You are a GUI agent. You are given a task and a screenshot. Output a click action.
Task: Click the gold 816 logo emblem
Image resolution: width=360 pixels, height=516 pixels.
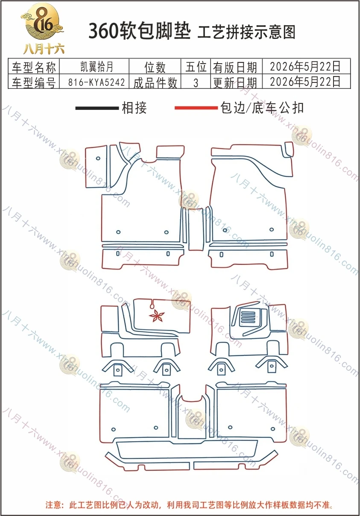[x=42, y=22]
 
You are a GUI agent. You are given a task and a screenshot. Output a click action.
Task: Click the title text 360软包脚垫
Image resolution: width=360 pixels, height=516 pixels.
[x=139, y=31]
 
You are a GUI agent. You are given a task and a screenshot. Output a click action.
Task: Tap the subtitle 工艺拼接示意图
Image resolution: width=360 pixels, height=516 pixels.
[x=246, y=32]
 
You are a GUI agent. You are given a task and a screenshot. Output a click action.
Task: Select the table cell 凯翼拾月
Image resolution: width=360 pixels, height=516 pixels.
[x=97, y=67]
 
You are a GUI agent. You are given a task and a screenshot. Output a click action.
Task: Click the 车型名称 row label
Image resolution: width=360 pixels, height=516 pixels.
[x=34, y=67]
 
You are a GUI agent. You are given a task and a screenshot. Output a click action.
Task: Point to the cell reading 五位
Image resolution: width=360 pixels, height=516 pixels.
[x=196, y=67]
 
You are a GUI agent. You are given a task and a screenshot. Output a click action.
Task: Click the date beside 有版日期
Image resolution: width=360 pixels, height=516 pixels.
[x=305, y=66]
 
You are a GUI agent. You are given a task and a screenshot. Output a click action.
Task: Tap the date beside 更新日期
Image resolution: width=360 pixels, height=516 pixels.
[x=305, y=82]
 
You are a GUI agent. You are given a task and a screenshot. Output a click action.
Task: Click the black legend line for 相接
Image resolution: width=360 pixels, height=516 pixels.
[x=97, y=108]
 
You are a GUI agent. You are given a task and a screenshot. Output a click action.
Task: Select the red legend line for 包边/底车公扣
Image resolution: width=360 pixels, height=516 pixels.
[x=196, y=108]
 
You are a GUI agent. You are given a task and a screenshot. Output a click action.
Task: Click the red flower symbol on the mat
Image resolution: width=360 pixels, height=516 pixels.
[x=157, y=316]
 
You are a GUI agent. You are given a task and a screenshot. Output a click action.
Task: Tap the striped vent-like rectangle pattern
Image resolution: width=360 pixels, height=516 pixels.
[x=248, y=317]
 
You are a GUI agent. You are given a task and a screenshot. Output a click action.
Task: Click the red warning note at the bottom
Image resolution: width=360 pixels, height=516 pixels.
[x=189, y=505]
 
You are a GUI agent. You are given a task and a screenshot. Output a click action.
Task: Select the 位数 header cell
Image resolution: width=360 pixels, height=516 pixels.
[x=155, y=67]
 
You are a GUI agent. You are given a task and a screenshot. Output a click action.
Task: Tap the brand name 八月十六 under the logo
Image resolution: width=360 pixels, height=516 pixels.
[x=44, y=49]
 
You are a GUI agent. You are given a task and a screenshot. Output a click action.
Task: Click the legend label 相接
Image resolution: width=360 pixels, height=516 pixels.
[x=134, y=108]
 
